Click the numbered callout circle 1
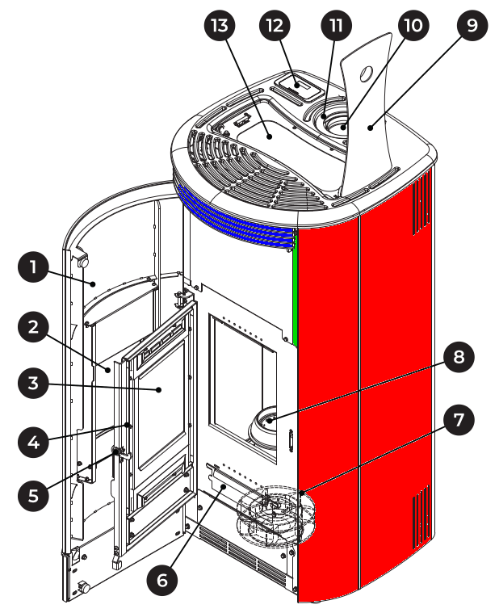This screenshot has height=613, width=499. pos(33,267)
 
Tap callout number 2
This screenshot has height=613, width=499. pos(33,327)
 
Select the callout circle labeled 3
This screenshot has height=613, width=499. pos(33,383)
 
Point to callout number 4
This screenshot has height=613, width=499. pos(33,442)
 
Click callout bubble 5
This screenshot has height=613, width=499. pos(33,495)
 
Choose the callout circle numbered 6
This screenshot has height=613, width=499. pos(162,580)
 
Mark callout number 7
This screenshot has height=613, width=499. pos(459,420)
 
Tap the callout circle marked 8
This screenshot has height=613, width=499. pos(459,356)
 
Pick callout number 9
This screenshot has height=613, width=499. pos(472,25)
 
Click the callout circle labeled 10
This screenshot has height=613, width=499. pos(413,25)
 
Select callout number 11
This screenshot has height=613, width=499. pos(336,25)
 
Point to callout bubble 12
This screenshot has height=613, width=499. pos(275,25)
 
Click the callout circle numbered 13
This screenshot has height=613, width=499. pos(220,25)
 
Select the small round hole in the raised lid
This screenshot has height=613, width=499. pos(366,73)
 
